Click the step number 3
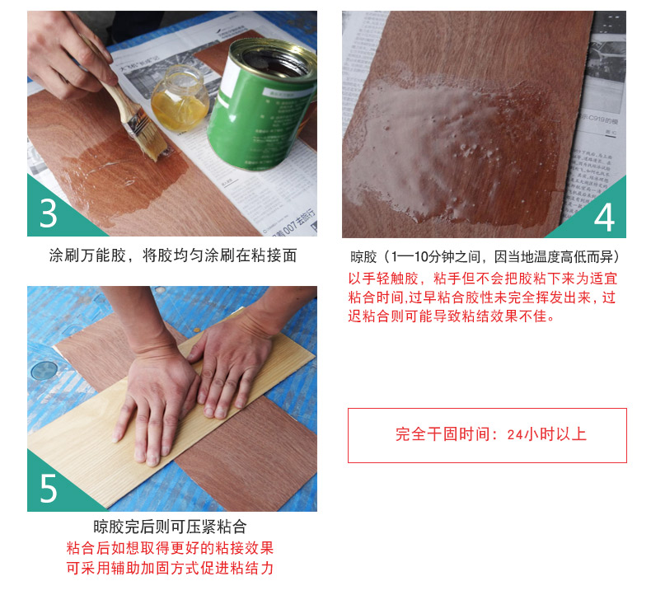[48, 213]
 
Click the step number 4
[604, 218]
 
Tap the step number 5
[48, 489]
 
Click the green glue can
[261, 104]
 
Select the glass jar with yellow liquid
[180, 98]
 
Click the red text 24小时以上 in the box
[546, 435]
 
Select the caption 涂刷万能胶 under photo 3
[87, 255]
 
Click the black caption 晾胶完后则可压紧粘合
[170, 527]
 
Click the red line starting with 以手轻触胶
[482, 279]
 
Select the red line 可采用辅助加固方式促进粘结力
[170, 568]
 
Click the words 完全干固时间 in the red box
[443, 435]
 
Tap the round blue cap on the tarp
[44, 370]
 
